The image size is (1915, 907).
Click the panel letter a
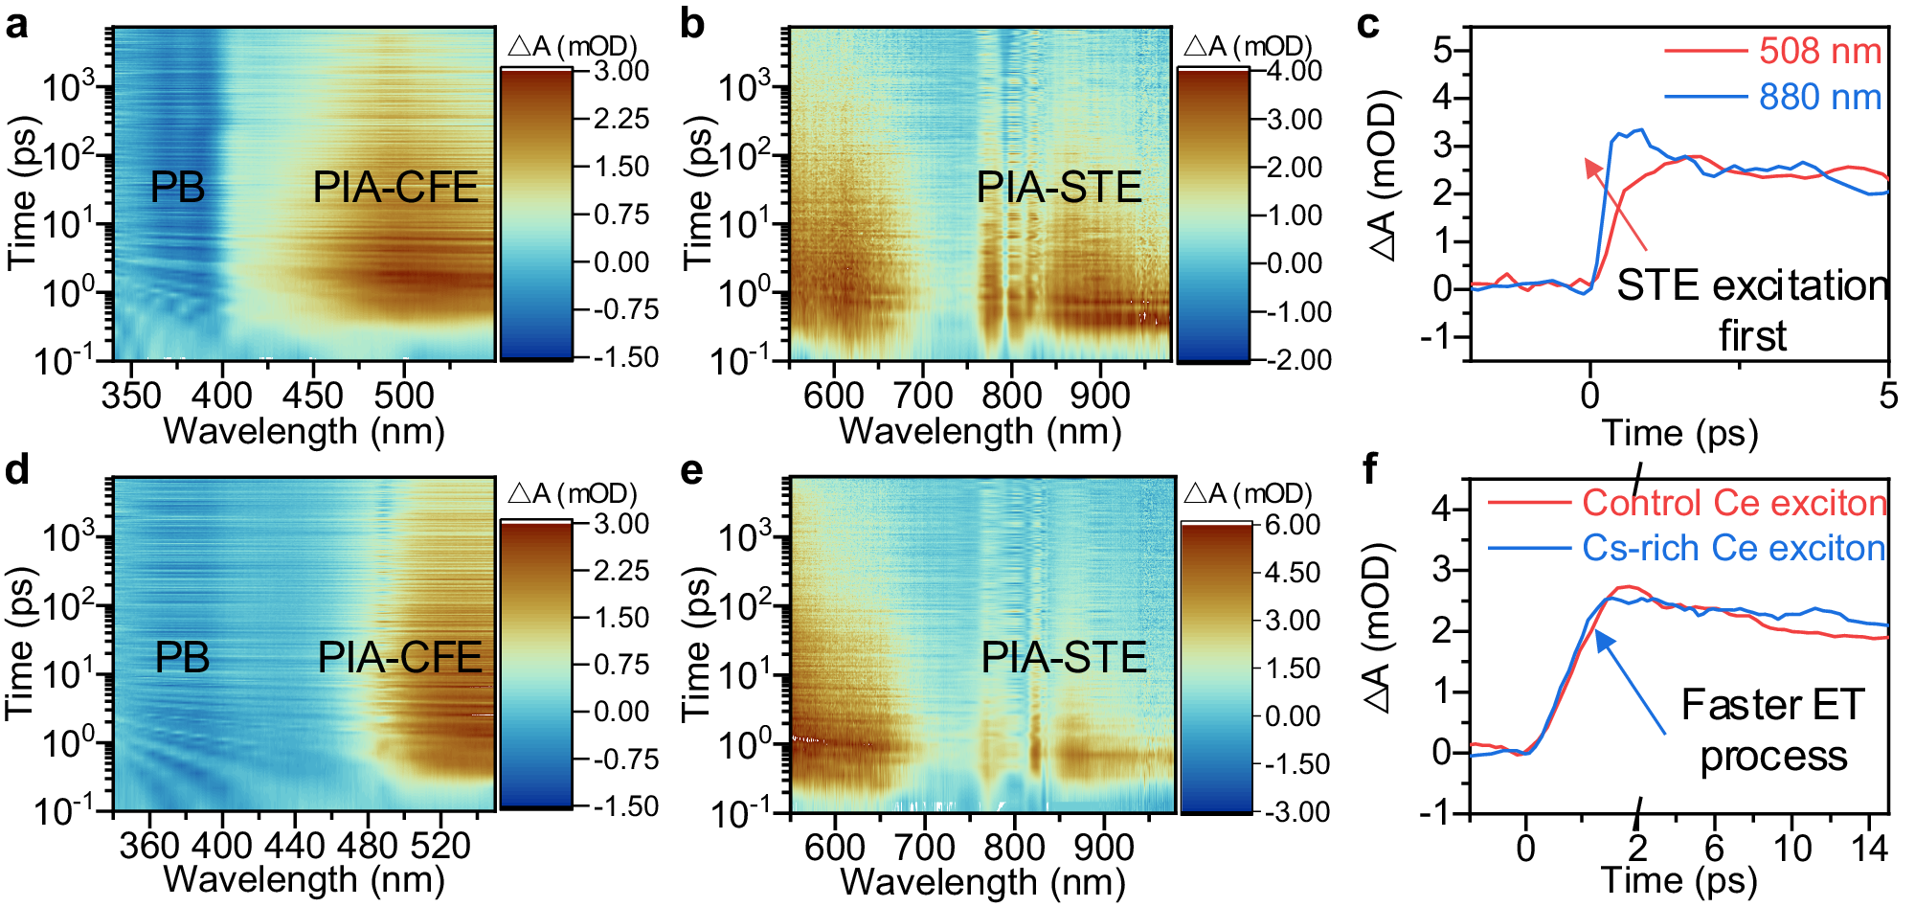[x=16, y=25]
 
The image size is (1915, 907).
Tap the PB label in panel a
[x=178, y=187]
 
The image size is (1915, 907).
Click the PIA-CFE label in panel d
[x=400, y=657]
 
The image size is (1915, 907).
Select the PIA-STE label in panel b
[x=1059, y=187]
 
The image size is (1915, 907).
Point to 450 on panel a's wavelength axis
[x=313, y=396]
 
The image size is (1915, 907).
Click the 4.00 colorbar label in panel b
[x=1295, y=72]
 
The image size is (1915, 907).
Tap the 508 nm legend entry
[x=1820, y=51]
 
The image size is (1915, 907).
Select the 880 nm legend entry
[x=1820, y=97]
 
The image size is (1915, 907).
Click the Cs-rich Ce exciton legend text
[x=1733, y=548]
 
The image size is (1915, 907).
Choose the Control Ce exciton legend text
[x=1733, y=503]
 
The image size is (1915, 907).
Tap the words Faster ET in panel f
[x=1772, y=705]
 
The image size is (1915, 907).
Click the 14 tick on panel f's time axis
[x=1869, y=848]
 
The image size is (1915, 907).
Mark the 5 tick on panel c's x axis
[x=1888, y=395]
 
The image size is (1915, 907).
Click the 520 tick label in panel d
[x=439, y=847]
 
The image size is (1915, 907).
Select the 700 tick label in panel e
[x=925, y=848]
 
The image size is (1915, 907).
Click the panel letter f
[x=1370, y=469]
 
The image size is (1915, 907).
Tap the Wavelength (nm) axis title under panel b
[x=980, y=431]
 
